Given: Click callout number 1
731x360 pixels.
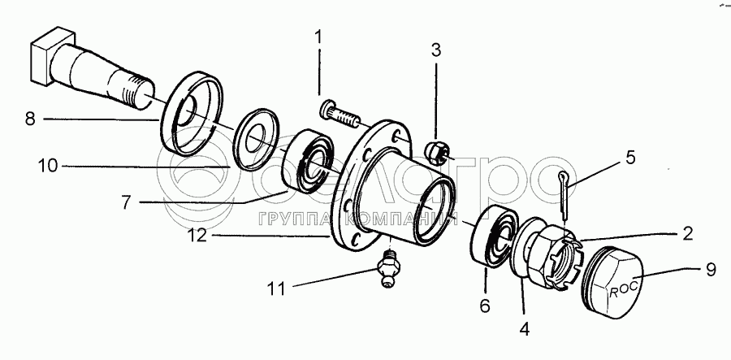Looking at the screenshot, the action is pos(318,37).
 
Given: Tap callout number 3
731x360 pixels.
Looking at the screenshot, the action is pos(436,50).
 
